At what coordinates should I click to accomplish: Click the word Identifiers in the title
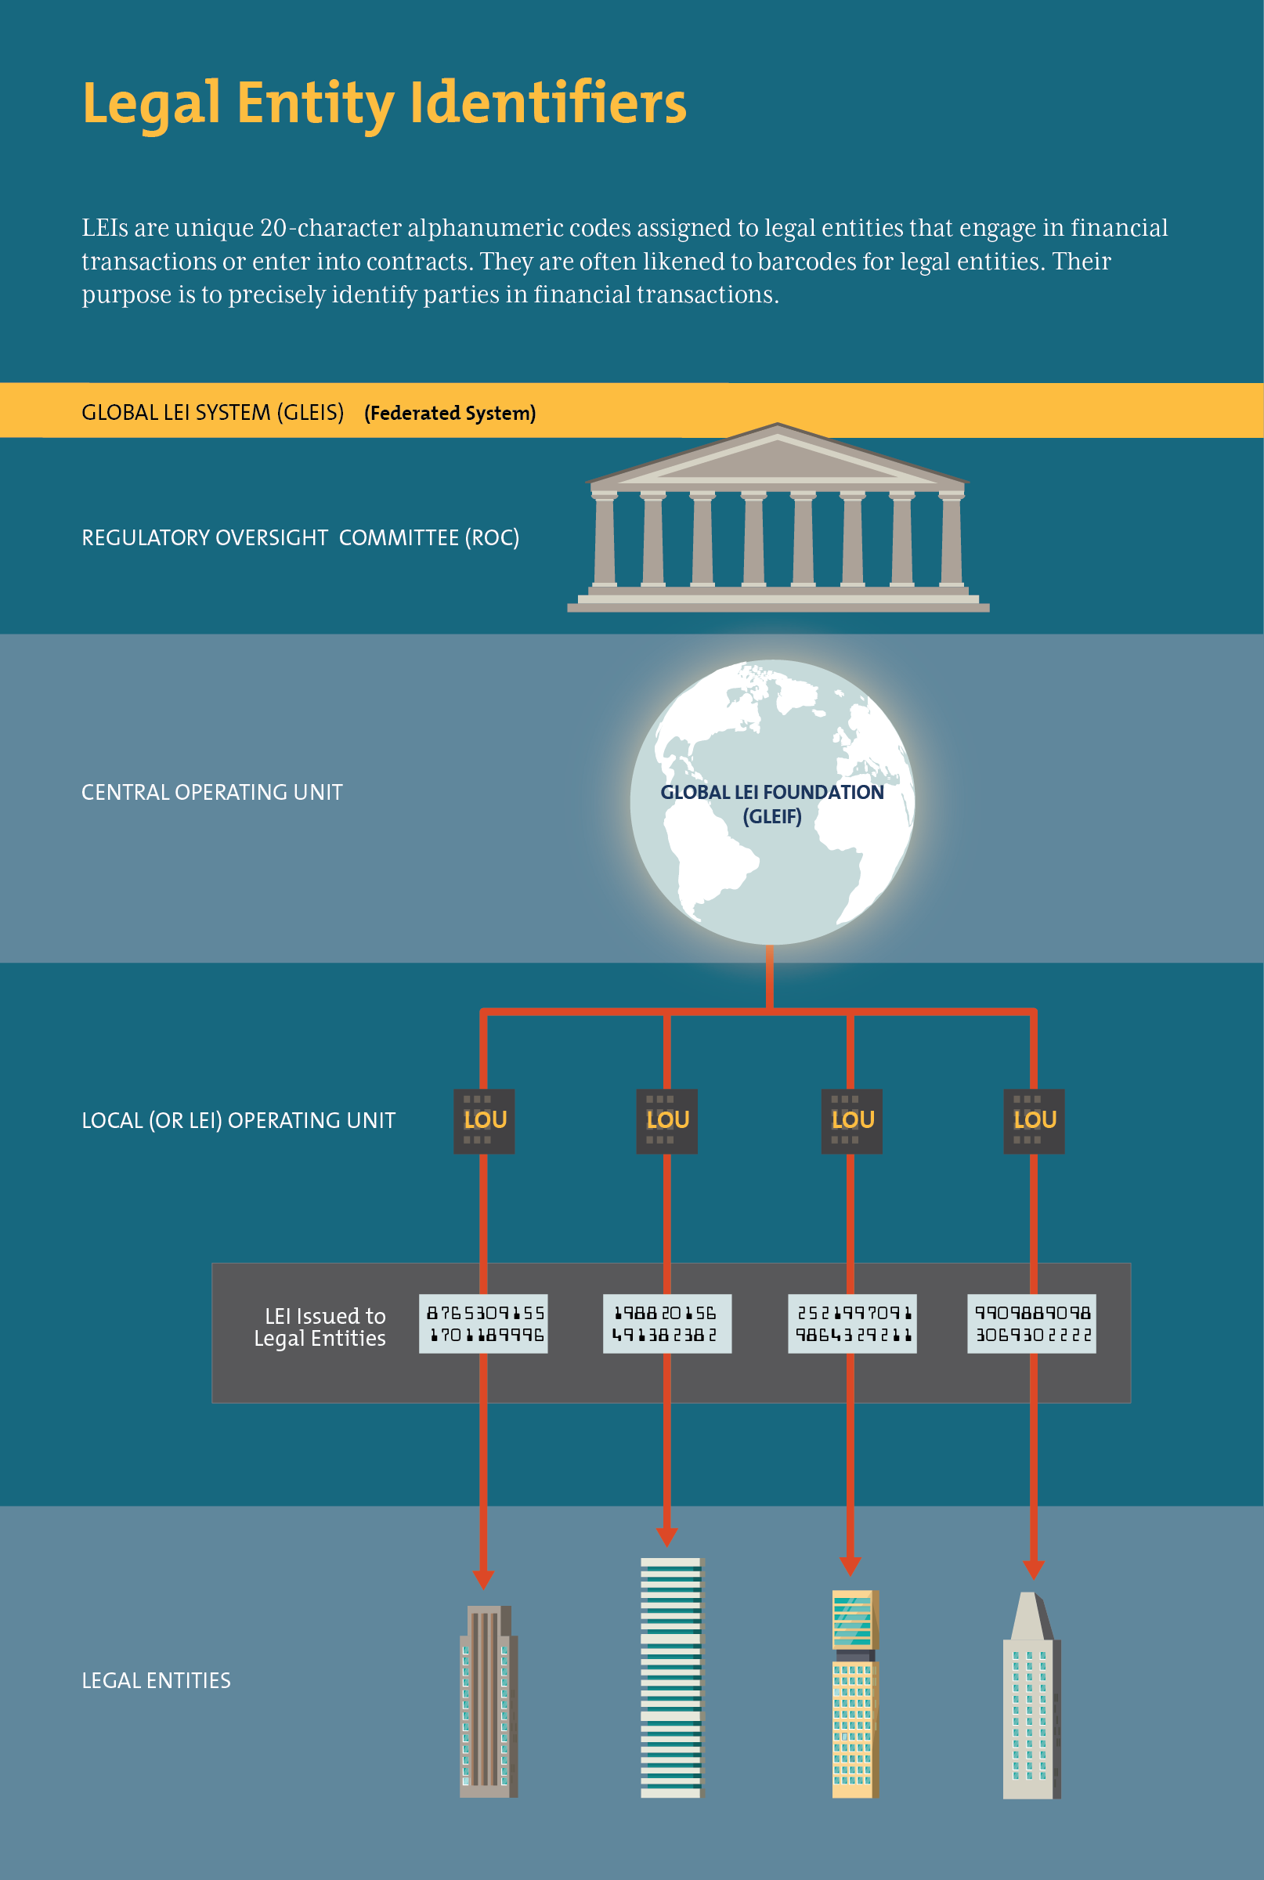coord(548,103)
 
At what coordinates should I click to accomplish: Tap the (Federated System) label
coord(450,413)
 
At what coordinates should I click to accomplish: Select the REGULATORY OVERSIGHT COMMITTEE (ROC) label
coord(300,537)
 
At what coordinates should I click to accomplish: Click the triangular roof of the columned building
coord(776,457)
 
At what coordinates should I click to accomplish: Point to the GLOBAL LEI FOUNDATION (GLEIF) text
coord(771,804)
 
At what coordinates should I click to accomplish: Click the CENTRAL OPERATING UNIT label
coord(212,793)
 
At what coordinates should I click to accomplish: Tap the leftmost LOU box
coord(485,1121)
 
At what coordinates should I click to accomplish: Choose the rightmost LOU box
coord(1034,1121)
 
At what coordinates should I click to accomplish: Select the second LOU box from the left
coord(666,1121)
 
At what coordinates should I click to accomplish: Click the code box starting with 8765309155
coord(484,1324)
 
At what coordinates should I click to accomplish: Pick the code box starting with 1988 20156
coord(666,1324)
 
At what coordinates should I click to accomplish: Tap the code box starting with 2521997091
coord(852,1324)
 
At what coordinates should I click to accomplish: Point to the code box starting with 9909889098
coord(1031,1324)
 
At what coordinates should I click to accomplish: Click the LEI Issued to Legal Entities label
coord(321,1327)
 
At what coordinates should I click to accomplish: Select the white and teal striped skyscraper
coord(671,1677)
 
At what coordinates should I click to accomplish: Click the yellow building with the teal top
coord(854,1693)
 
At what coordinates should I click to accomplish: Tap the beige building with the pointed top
coord(1031,1701)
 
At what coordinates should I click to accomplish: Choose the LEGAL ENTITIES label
coord(157,1681)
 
